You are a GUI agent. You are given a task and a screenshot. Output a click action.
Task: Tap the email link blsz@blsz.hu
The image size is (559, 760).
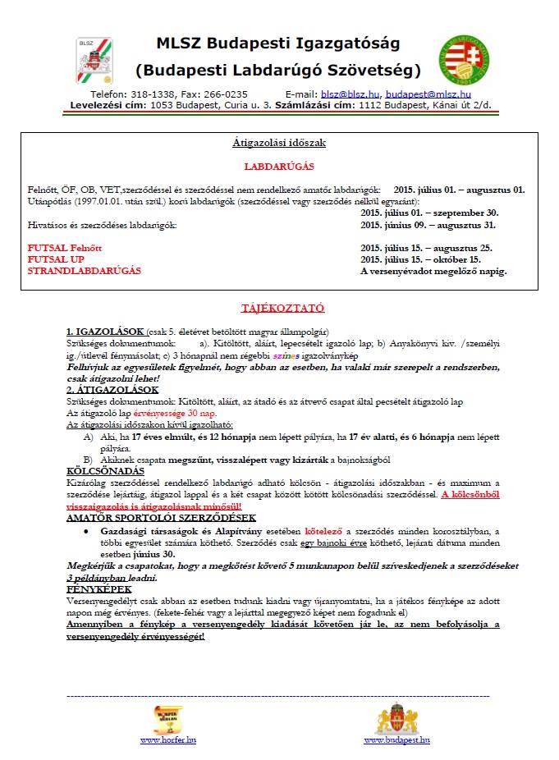coord(349,94)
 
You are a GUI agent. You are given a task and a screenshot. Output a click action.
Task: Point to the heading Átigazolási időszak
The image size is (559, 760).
coord(279,143)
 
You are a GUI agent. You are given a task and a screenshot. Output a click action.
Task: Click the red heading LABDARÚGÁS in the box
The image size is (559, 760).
coord(279,166)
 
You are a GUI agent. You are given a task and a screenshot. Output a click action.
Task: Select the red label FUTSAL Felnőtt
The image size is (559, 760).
coord(66,247)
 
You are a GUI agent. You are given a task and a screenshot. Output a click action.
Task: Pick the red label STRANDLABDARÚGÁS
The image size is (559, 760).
coord(85,270)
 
